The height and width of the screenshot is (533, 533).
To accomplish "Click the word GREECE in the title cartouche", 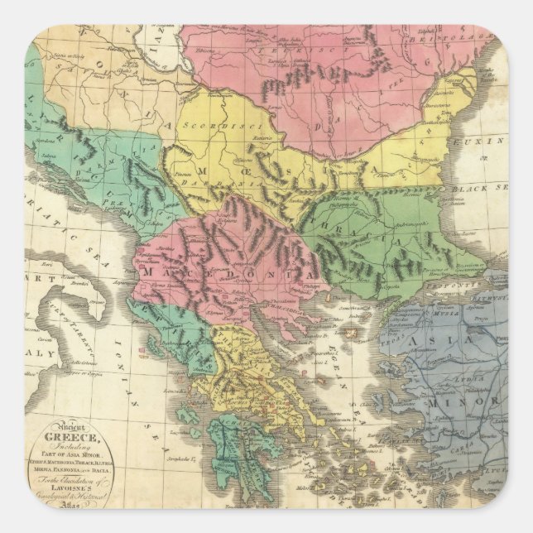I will click(x=77, y=439).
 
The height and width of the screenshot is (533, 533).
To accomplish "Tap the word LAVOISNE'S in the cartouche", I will click(x=76, y=484).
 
